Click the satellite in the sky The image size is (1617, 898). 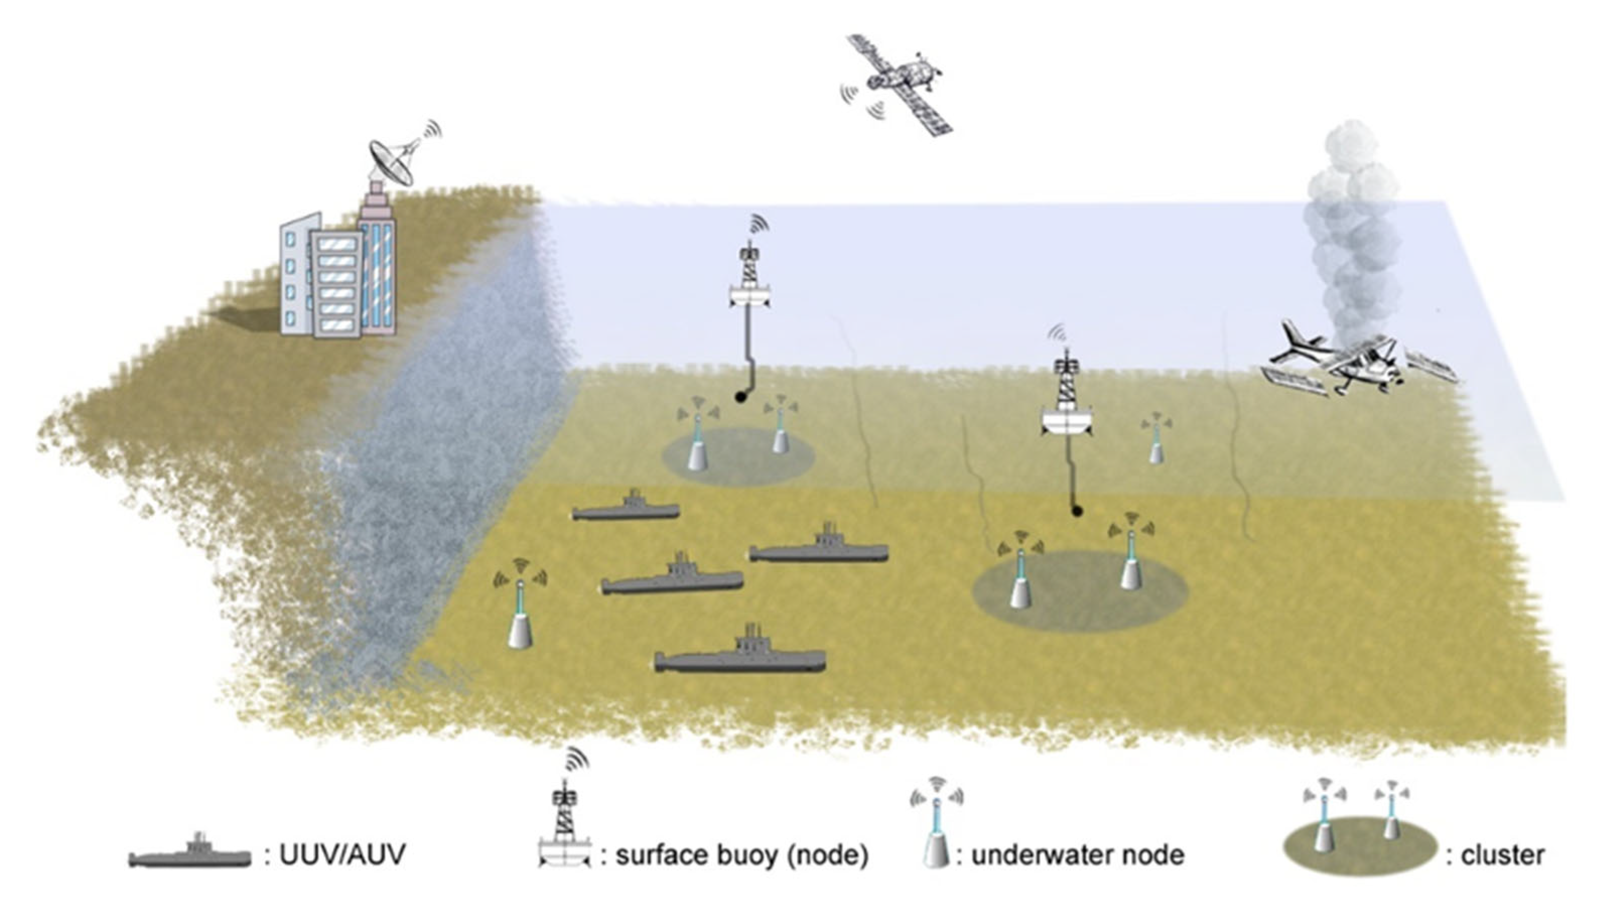(899, 84)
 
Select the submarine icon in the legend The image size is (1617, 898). (189, 854)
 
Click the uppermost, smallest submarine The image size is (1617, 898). (626, 509)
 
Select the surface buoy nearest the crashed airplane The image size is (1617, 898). (1067, 402)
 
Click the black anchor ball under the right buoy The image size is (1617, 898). (1077, 512)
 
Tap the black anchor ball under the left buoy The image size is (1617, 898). (741, 397)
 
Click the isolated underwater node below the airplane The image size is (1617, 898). (1156, 443)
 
